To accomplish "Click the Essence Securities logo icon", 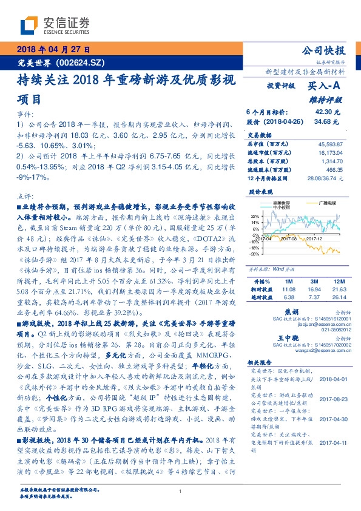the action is click(30, 25).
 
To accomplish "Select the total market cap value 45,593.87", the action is click(329, 143).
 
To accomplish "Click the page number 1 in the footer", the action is click(181, 492).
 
